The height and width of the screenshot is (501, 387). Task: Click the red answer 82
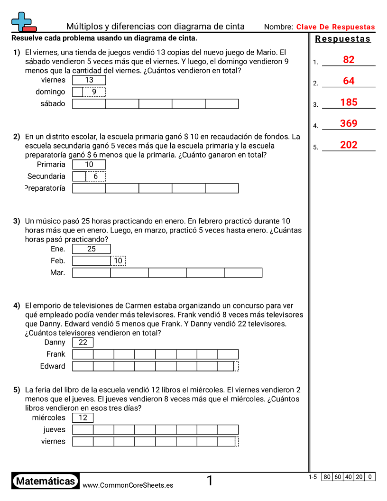click(x=349, y=60)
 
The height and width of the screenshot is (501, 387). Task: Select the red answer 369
click(x=349, y=124)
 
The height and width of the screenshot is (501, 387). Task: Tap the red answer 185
click(x=349, y=102)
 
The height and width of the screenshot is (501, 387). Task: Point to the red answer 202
click(x=349, y=145)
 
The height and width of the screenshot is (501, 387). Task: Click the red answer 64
click(x=349, y=81)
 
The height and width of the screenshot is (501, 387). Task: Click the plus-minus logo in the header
click(x=23, y=22)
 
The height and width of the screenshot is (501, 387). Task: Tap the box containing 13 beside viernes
click(x=89, y=80)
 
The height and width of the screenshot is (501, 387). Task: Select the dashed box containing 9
click(x=94, y=92)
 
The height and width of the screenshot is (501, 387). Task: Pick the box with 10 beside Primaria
click(x=89, y=165)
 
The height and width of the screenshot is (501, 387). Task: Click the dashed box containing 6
click(x=96, y=176)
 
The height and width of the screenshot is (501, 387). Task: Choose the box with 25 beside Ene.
click(x=92, y=249)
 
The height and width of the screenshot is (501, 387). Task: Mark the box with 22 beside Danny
click(x=83, y=343)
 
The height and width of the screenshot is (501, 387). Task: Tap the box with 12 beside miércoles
click(x=83, y=418)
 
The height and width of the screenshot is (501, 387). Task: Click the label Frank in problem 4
click(x=56, y=354)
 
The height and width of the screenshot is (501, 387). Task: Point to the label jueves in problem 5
click(x=55, y=430)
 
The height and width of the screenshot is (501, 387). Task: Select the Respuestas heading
click(x=343, y=39)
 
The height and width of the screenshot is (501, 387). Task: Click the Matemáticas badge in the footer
click(x=46, y=481)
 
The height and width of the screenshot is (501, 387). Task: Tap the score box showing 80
click(x=327, y=477)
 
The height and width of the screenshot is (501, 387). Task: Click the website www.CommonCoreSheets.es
click(x=128, y=485)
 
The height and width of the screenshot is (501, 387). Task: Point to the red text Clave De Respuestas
click(x=335, y=27)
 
